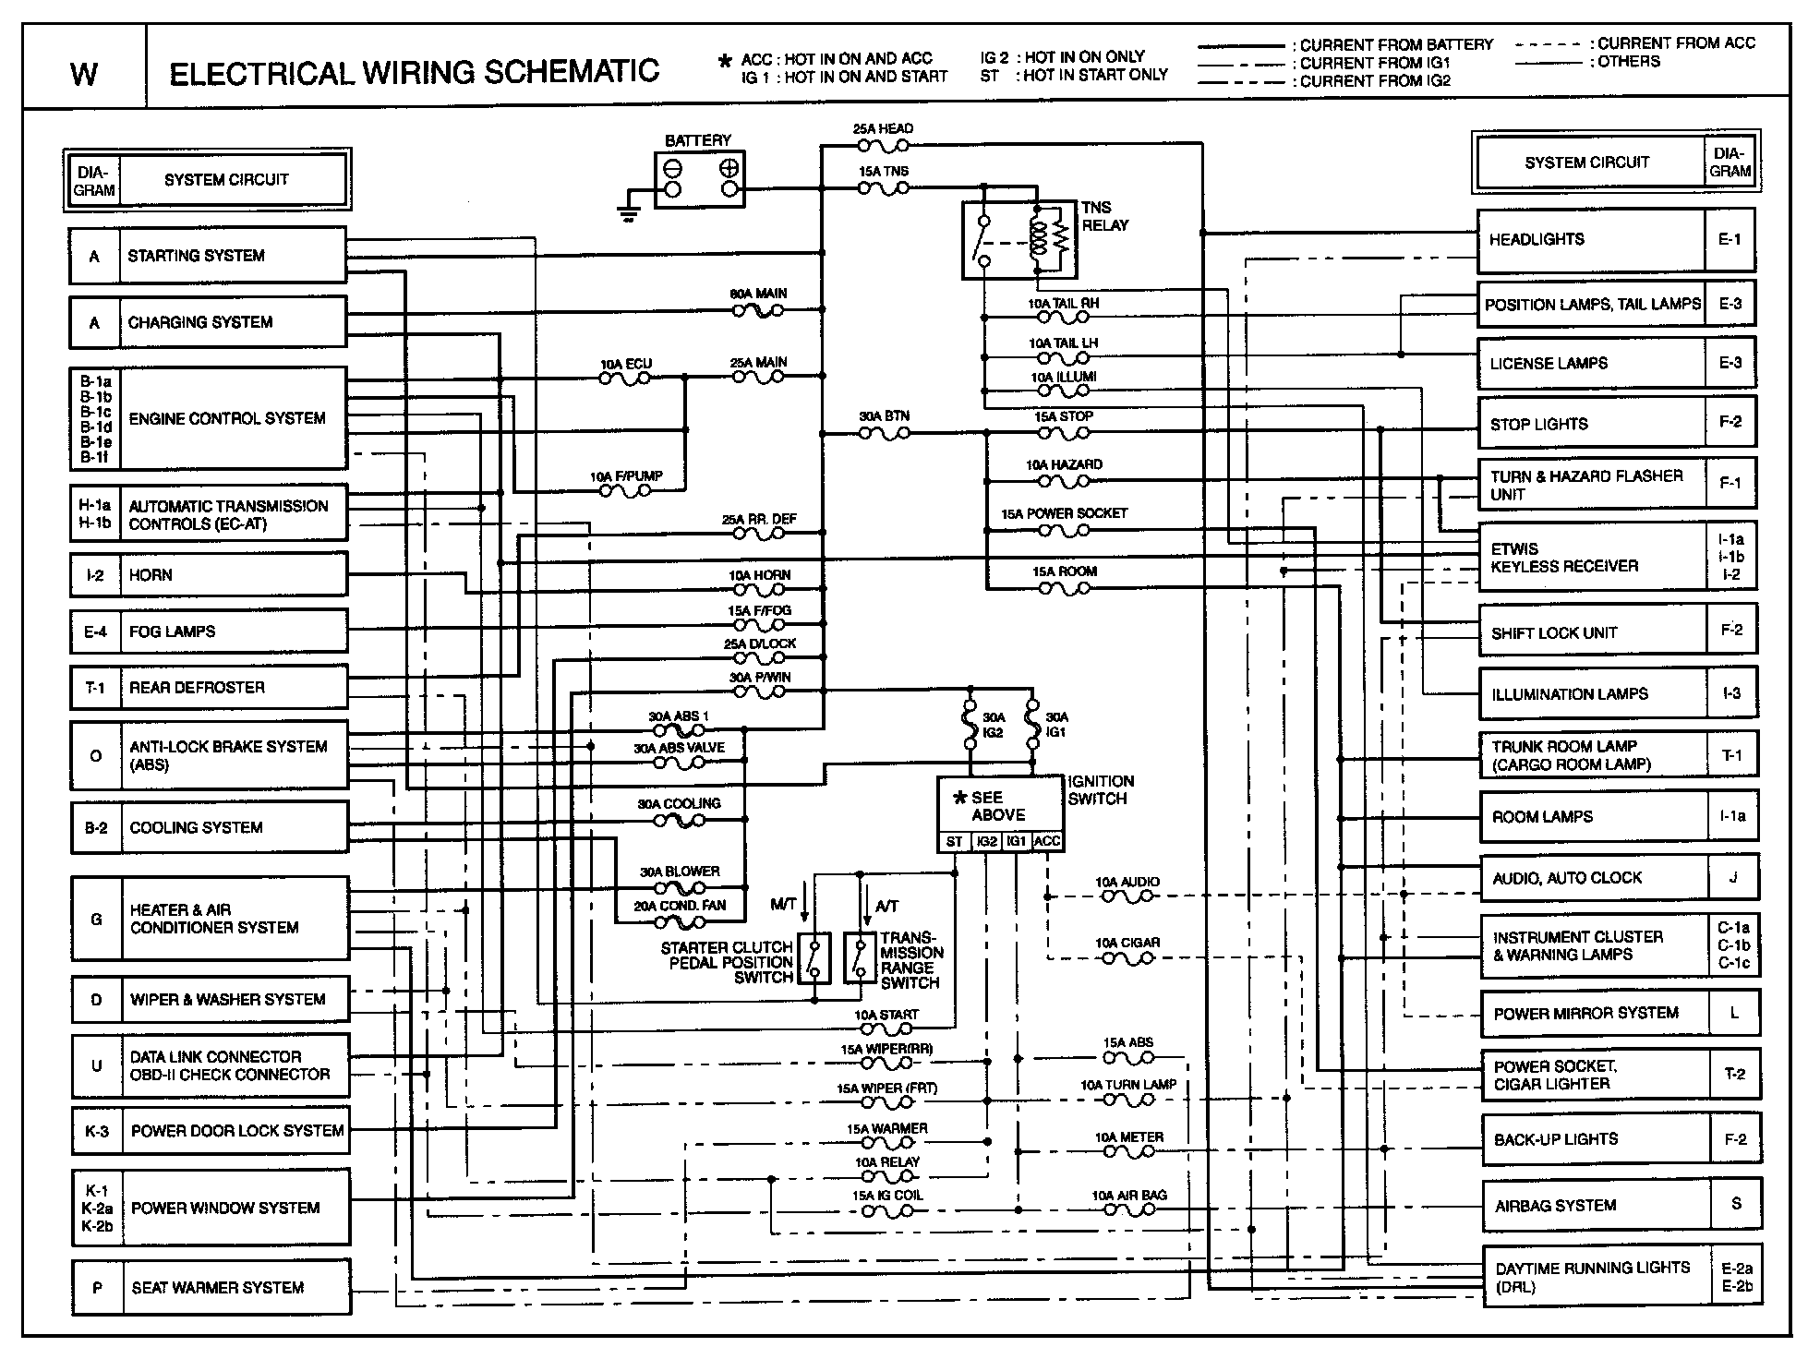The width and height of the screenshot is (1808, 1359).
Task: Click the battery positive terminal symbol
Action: click(729, 169)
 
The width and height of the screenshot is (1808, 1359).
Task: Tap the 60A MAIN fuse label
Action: click(758, 294)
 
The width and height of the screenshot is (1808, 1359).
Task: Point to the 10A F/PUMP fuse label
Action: click(626, 476)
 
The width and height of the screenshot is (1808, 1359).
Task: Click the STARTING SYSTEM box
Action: click(208, 256)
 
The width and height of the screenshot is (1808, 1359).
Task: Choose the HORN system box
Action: click(209, 575)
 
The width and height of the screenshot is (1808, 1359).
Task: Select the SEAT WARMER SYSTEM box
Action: click(211, 1287)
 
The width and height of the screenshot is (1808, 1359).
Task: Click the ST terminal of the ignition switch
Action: click(954, 842)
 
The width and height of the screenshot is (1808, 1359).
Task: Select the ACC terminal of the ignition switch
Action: click(1047, 842)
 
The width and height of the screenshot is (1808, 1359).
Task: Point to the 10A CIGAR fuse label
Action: click(1127, 943)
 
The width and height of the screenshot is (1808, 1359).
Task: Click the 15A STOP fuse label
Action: click(1063, 416)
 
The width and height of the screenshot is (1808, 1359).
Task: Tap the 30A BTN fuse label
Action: click(884, 416)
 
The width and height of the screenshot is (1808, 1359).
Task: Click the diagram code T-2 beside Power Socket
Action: click(1734, 1074)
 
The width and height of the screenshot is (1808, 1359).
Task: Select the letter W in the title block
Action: click(83, 74)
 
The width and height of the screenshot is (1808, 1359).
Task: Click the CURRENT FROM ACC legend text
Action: click(1676, 43)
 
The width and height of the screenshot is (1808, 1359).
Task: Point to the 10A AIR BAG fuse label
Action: click(1128, 1195)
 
